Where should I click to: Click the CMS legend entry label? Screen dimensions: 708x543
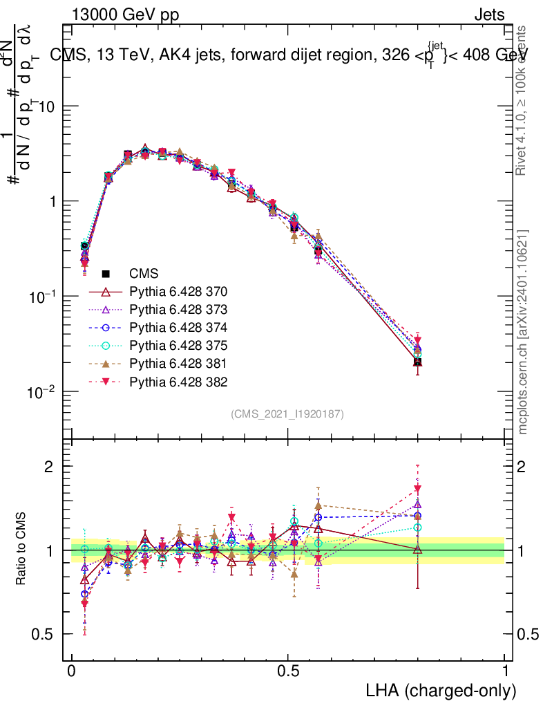point(145,274)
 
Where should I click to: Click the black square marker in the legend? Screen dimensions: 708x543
point(106,274)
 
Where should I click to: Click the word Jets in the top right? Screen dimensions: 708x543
point(489,15)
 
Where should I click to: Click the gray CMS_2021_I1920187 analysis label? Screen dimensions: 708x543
point(287,413)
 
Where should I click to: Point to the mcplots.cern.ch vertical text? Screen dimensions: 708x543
point(523,332)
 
